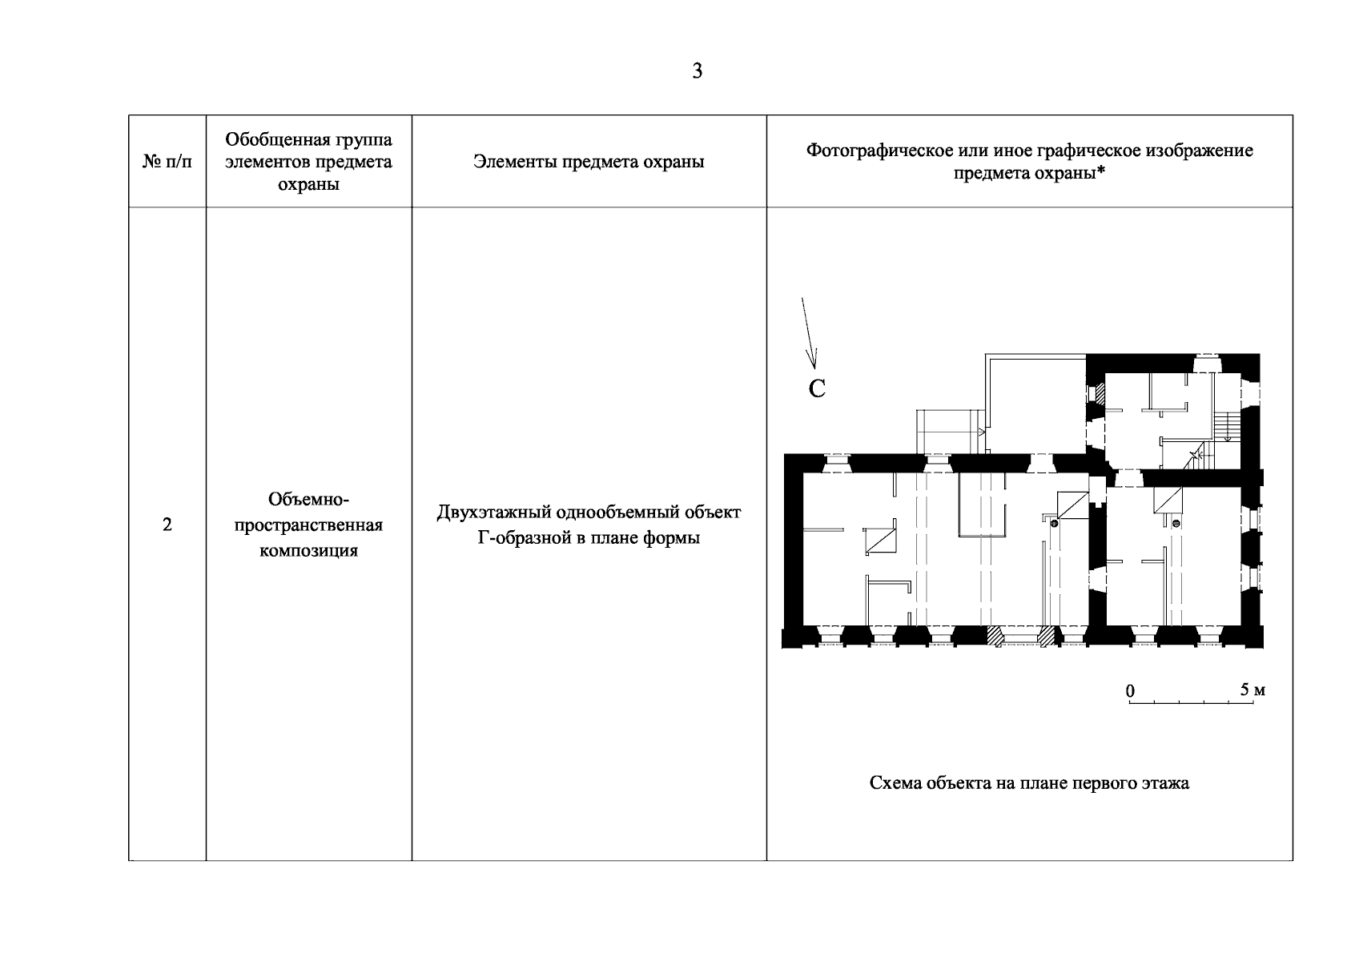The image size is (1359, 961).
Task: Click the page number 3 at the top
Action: (697, 71)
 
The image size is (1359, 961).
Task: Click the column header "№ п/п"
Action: (167, 162)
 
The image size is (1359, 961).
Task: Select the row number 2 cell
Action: (167, 525)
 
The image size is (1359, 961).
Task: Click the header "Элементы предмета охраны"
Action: (589, 162)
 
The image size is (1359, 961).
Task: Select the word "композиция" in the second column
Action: (308, 550)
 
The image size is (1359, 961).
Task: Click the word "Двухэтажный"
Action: (495, 513)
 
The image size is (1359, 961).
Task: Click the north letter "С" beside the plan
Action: (817, 389)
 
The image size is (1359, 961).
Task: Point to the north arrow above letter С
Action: (809, 333)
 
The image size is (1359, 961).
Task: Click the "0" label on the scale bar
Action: (1130, 691)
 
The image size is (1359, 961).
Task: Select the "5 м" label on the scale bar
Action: (1252, 690)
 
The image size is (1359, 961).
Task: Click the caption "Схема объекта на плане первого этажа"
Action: (1029, 782)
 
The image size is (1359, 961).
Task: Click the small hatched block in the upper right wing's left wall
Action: (1100, 393)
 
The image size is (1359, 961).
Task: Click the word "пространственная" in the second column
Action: (308, 525)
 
